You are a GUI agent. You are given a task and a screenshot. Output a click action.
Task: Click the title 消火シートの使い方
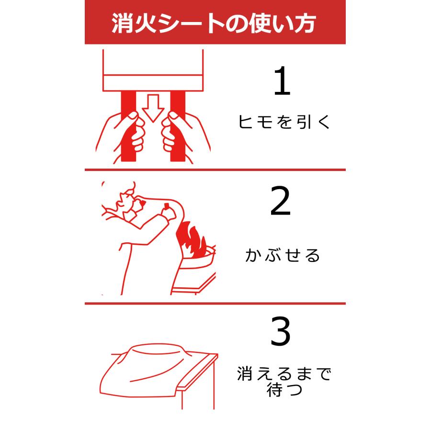(x=214, y=23)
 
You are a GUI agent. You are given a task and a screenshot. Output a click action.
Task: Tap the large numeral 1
(x=282, y=81)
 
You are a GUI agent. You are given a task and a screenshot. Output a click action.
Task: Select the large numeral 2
(x=280, y=201)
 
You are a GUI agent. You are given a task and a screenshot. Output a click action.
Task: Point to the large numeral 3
(x=280, y=331)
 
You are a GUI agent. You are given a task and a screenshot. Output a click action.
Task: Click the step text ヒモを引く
(x=284, y=122)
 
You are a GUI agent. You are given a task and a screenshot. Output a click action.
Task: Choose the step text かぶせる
(x=283, y=255)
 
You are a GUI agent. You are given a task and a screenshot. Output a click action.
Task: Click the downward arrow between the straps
(x=153, y=108)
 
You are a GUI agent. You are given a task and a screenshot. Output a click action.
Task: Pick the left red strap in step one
(x=129, y=126)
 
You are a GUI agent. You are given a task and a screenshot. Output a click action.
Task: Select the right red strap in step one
(x=178, y=126)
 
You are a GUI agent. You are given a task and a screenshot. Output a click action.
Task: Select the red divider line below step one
(x=215, y=170)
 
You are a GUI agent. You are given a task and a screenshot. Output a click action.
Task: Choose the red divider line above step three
(x=215, y=304)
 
